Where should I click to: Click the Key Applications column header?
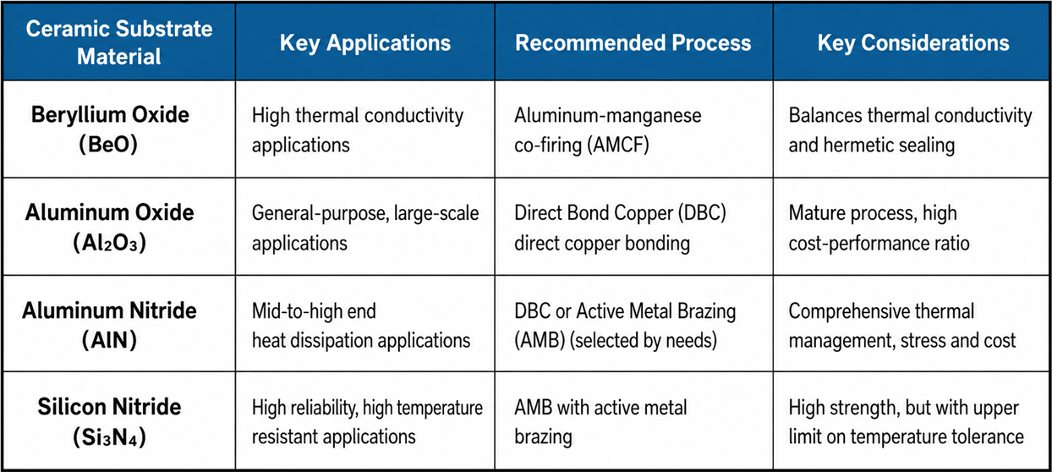365,43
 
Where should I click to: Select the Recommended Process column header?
633,43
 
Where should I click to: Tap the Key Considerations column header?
913,43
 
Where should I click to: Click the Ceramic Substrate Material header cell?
119,42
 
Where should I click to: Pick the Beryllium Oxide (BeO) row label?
110,129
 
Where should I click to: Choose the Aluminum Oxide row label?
109,228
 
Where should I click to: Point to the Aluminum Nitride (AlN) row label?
109,326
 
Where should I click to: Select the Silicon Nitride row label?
109,422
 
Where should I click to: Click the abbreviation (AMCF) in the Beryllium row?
618,145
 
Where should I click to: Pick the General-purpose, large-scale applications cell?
365,228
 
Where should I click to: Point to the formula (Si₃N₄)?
109,436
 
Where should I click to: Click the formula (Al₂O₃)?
109,242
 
